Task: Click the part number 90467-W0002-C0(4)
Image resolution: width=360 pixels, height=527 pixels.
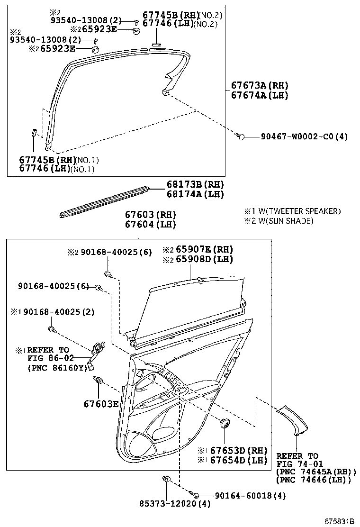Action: [x=304, y=136]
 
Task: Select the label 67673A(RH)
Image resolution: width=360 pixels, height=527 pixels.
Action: [x=259, y=86]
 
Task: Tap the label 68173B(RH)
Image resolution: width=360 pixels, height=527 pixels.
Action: [x=195, y=184]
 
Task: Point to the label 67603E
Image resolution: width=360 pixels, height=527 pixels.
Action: [x=101, y=404]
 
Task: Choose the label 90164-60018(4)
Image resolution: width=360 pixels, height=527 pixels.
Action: [x=250, y=495]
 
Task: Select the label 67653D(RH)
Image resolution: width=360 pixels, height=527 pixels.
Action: [x=238, y=450]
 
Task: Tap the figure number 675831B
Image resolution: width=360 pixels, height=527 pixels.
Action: [x=339, y=521]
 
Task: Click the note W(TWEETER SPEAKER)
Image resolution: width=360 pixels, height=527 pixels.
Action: [x=297, y=211]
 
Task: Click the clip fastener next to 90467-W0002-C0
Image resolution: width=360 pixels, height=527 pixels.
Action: [x=240, y=136]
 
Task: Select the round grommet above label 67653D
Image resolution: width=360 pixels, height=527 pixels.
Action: [x=224, y=422]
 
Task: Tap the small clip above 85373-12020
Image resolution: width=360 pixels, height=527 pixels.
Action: [x=166, y=481]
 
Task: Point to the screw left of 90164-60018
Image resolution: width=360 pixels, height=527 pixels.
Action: [x=195, y=495]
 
